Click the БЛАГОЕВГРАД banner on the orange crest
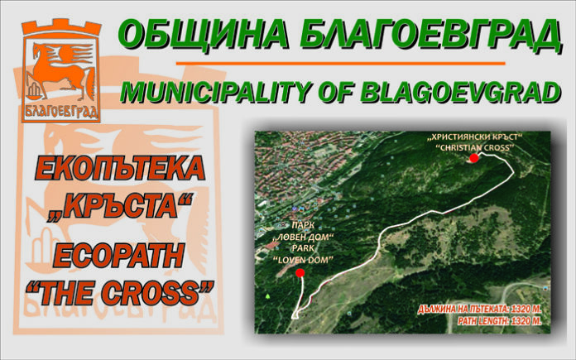pos(61,111)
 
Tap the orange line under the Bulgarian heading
pos(340,64)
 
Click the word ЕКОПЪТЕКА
pos(120,168)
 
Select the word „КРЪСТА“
pos(120,206)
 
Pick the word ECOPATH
pos(118,255)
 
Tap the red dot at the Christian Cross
pos(474,158)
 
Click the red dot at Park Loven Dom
pos(300,272)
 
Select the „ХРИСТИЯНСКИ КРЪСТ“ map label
pos(474,137)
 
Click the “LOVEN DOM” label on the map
pos(303,260)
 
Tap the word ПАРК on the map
pos(303,224)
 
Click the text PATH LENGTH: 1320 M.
pos(500,321)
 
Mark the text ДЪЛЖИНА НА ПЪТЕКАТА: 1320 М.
pos(480,310)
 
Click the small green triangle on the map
pos(268,295)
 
